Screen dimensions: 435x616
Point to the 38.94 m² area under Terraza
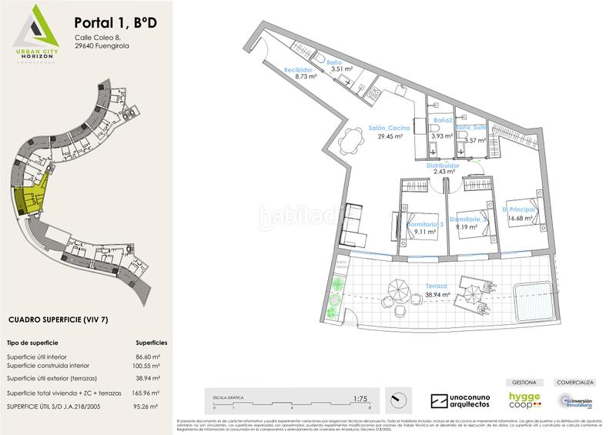pos(437,294)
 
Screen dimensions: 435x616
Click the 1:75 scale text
pos(359,399)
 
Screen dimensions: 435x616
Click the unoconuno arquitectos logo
pos(460,401)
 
